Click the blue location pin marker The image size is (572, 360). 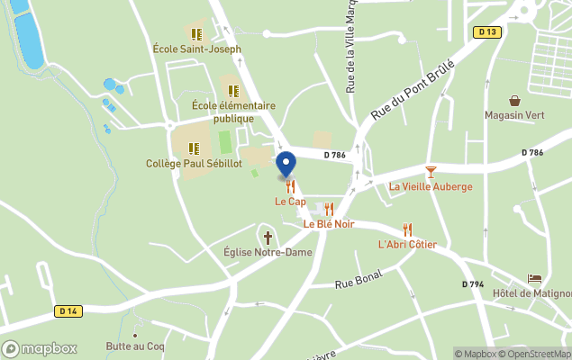pyautogui.click(x=286, y=165)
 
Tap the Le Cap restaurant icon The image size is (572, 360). pyautogui.click(x=290, y=186)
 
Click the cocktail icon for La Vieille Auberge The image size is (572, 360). pyautogui.click(x=431, y=171)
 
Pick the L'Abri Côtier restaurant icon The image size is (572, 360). pyautogui.click(x=407, y=229)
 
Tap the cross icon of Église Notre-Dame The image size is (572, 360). pyautogui.click(x=268, y=238)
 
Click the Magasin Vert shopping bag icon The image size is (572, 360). pyautogui.click(x=514, y=101)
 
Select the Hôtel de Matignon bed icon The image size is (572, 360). pyautogui.click(x=535, y=279)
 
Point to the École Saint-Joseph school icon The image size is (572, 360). pyautogui.click(x=196, y=34)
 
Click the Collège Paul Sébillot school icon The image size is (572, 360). pyautogui.click(x=194, y=148)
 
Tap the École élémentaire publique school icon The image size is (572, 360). pyautogui.click(x=233, y=91)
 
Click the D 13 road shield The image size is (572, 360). pyautogui.click(x=486, y=32)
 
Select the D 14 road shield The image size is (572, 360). pyautogui.click(x=67, y=311)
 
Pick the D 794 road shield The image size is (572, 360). pyautogui.click(x=473, y=284)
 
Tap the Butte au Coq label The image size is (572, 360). pyautogui.click(x=135, y=346)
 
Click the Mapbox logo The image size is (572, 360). pyautogui.click(x=40, y=348)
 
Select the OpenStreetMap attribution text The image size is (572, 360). pyautogui.click(x=539, y=354)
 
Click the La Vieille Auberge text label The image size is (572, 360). pyautogui.click(x=431, y=187)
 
